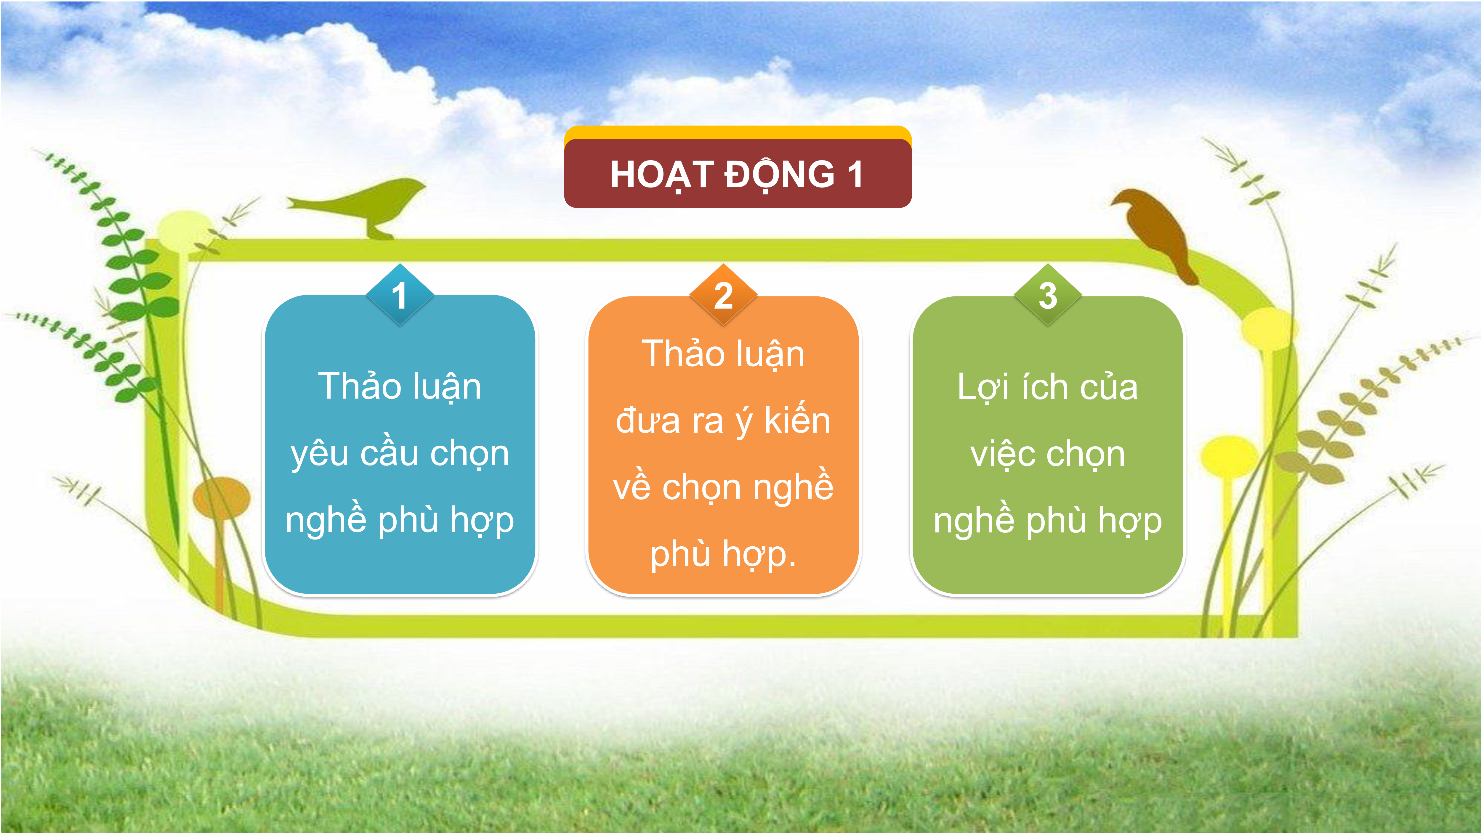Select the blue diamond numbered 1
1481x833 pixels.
click(x=400, y=295)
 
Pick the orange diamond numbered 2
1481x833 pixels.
click(x=723, y=295)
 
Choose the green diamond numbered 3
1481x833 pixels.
click(x=1047, y=295)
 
